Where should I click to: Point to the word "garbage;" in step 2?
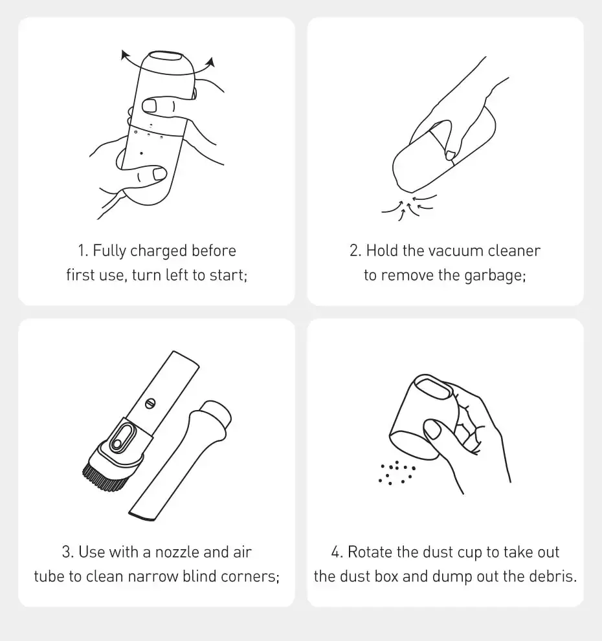[495, 276]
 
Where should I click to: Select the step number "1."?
[83, 250]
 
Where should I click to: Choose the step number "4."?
[337, 552]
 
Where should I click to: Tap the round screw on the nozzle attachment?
[151, 404]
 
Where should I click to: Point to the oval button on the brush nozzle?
[122, 438]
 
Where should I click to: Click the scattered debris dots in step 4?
[396, 473]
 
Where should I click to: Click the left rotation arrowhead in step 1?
[124, 54]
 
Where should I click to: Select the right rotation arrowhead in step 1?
[211, 61]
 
